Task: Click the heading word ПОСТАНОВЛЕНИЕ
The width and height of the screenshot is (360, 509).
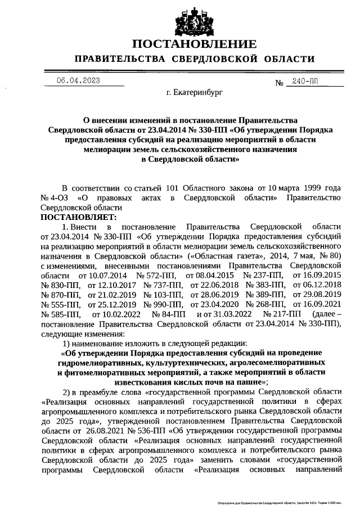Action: click(x=194, y=44)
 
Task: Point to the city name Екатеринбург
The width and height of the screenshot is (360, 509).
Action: click(x=194, y=93)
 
